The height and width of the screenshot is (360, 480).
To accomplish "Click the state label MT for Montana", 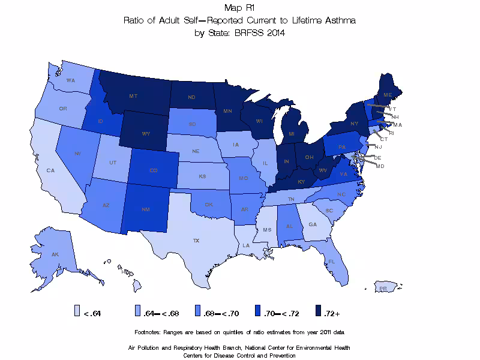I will pyautogui.click(x=133, y=96).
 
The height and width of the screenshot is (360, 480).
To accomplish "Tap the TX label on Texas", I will pyautogui.click(x=196, y=241).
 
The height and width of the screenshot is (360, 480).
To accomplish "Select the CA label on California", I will pyautogui.click(x=51, y=170).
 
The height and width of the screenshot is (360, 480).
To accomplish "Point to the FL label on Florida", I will pyautogui.click(x=331, y=262).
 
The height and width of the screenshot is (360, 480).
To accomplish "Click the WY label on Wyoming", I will pyautogui.click(x=146, y=134).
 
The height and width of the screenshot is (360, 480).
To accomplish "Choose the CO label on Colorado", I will pyautogui.click(x=154, y=170).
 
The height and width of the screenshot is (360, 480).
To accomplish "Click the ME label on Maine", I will pyautogui.click(x=388, y=95).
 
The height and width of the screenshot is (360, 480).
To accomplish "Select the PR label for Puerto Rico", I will pyautogui.click(x=382, y=289).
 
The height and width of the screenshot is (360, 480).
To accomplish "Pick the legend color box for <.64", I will pyautogui.click(x=77, y=310).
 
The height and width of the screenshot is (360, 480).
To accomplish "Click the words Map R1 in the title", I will pyautogui.click(x=239, y=8).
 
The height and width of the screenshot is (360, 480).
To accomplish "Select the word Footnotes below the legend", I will pyautogui.click(x=150, y=332).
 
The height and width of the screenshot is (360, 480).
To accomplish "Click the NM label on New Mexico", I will pyautogui.click(x=145, y=209).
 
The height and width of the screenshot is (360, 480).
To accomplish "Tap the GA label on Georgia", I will pyautogui.click(x=313, y=224).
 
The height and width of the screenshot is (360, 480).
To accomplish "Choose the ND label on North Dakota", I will pyautogui.click(x=192, y=98).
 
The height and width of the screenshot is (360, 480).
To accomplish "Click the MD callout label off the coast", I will pyautogui.click(x=380, y=166).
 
